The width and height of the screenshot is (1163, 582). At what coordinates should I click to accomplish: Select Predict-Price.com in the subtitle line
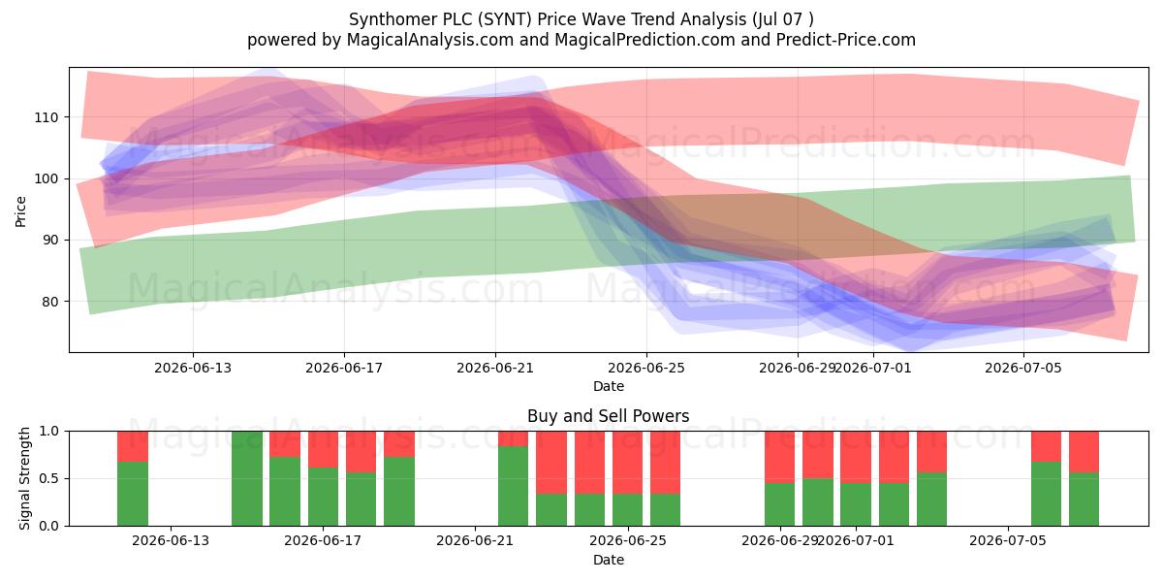846,40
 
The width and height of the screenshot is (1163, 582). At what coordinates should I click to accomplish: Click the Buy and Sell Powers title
608,416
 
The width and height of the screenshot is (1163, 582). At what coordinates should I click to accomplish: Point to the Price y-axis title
20,211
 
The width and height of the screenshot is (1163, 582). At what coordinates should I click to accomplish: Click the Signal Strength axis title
24,478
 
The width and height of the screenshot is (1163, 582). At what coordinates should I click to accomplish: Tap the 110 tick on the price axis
47,117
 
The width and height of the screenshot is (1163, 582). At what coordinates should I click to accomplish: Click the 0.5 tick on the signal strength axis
48,478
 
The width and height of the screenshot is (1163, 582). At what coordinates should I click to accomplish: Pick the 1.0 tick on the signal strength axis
48,432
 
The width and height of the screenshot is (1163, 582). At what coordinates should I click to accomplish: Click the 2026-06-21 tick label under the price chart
495,368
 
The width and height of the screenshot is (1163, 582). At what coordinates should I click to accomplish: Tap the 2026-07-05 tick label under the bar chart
1008,540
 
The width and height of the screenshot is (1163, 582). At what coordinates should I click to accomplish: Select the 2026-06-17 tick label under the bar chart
323,540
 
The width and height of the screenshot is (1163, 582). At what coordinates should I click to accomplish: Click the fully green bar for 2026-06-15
247,478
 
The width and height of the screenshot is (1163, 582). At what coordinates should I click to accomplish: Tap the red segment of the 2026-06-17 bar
323,449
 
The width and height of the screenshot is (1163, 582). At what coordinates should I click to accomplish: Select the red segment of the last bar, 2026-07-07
1084,452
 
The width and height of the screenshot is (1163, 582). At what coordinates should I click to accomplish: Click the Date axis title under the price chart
609,386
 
